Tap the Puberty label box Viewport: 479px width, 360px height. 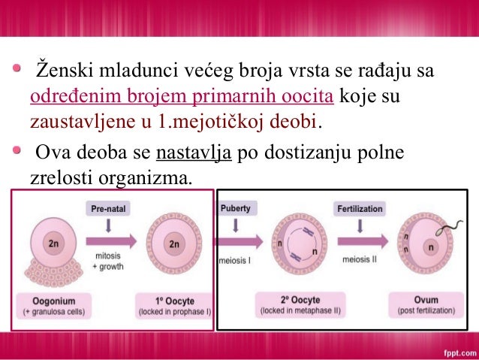[x=235, y=207]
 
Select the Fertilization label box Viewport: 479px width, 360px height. [x=360, y=208]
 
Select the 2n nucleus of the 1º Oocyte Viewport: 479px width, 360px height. [x=174, y=244]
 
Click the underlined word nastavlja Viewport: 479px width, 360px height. [x=192, y=153]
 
